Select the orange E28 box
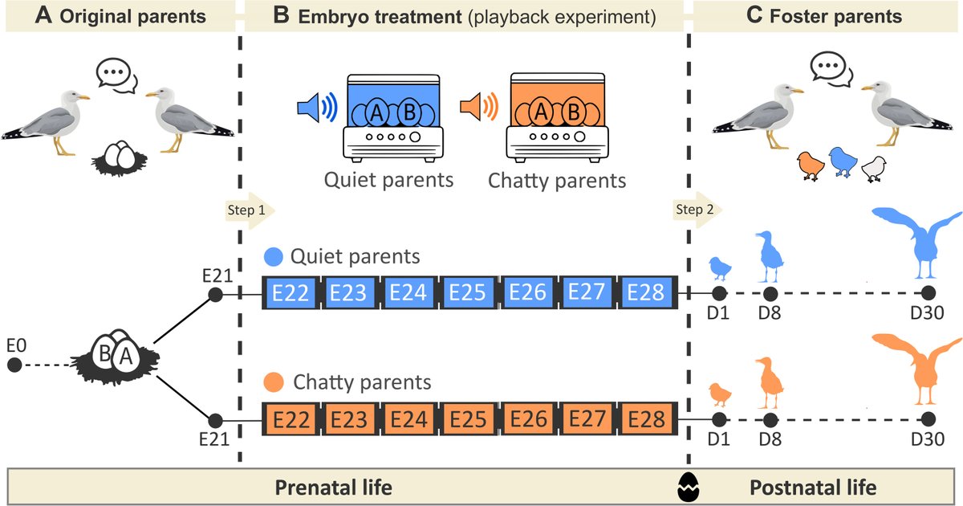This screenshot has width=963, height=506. [x=647, y=419]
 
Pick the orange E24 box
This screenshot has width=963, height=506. [x=409, y=419]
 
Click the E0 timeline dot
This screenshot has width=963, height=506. [x=14, y=365]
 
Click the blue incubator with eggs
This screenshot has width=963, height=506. [x=392, y=117]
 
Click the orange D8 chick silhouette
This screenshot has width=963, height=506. [x=770, y=384]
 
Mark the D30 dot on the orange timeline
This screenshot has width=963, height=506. [x=928, y=419]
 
